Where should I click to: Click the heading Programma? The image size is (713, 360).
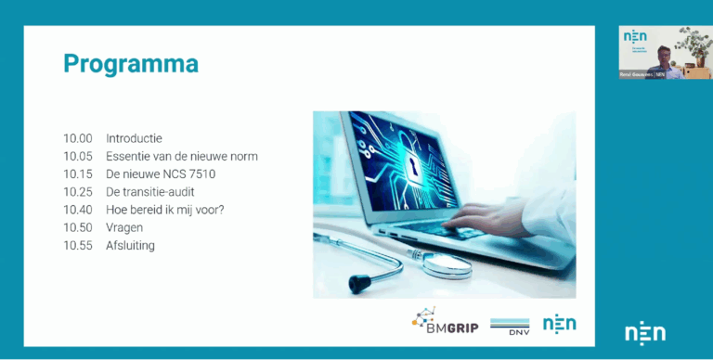pyautogui.click(x=131, y=64)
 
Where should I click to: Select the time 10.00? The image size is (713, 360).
pyautogui.click(x=77, y=138)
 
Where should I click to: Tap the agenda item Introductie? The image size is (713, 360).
pyautogui.click(x=134, y=138)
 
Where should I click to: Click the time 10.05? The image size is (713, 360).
pyautogui.click(x=77, y=156)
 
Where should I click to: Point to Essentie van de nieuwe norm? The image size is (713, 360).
pyautogui.click(x=181, y=156)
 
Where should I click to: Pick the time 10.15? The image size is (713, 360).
pyautogui.click(x=77, y=174)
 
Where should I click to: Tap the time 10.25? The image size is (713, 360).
pyautogui.click(x=77, y=192)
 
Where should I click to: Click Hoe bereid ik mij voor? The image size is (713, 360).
pyautogui.click(x=164, y=210)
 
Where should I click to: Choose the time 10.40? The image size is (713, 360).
pyautogui.click(x=77, y=210)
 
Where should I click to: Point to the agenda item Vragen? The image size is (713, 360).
pyautogui.click(x=124, y=227)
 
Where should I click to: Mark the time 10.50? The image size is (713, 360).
pyautogui.click(x=77, y=227)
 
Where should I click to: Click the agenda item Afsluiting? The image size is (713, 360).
pyautogui.click(x=130, y=246)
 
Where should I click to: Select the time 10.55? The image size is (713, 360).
pyautogui.click(x=77, y=246)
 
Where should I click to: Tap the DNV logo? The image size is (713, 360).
pyautogui.click(x=509, y=324)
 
